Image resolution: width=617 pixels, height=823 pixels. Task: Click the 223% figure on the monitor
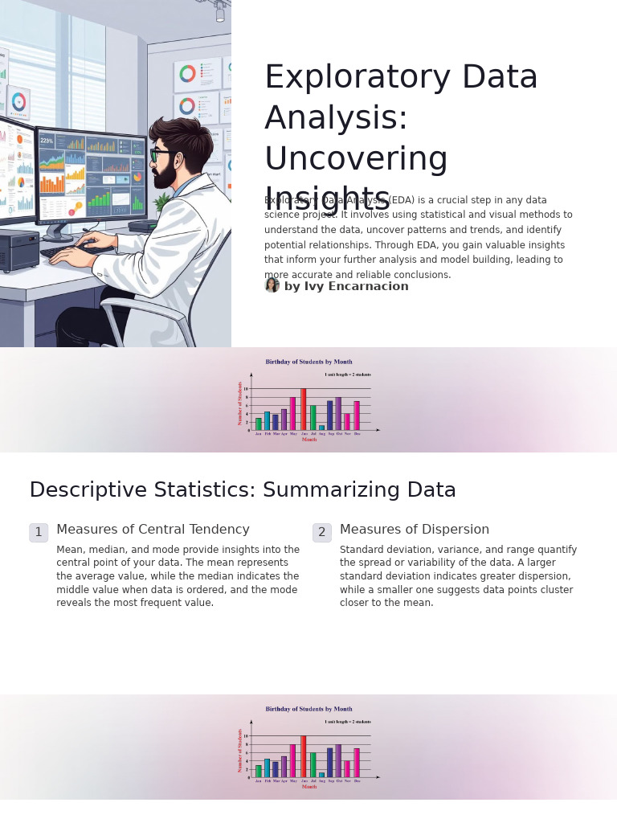(47, 141)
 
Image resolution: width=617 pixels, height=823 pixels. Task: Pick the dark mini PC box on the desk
(18, 248)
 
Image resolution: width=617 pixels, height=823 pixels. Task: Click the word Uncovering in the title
(356, 158)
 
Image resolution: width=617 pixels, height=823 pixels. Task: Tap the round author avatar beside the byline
(272, 285)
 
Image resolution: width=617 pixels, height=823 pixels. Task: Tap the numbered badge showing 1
(39, 532)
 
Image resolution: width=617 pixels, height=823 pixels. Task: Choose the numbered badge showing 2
(321, 532)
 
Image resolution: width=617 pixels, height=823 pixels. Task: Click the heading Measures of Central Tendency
(153, 530)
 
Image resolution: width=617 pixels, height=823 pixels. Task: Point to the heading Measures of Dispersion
(414, 530)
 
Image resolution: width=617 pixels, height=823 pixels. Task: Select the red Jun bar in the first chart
(304, 408)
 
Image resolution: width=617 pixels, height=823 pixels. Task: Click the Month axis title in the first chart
(309, 440)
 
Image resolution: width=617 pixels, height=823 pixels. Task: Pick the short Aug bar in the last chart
(321, 775)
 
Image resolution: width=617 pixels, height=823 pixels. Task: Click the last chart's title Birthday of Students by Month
(308, 709)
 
